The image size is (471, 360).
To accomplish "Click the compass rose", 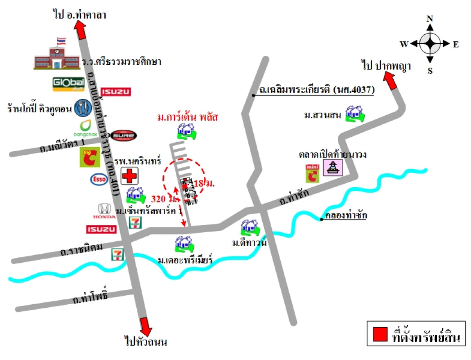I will click(x=430, y=44).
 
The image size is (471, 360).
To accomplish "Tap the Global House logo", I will click(x=66, y=84).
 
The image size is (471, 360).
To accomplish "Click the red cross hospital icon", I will click(x=130, y=175).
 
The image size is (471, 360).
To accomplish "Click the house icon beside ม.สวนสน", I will click(x=354, y=114).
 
